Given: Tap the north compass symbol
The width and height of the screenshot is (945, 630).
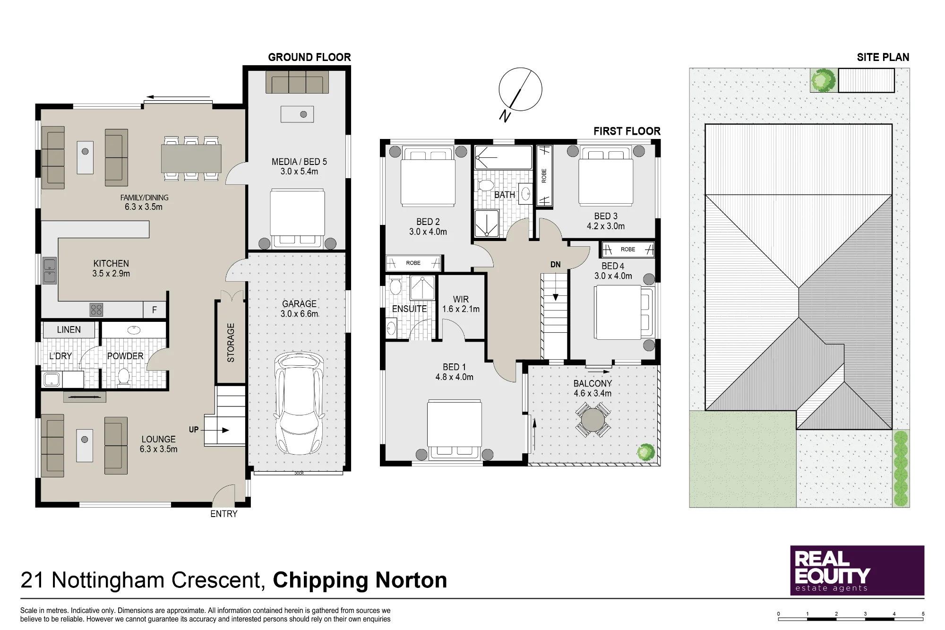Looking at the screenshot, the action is click(520, 93).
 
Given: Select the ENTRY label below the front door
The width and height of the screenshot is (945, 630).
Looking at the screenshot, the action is click(224, 514).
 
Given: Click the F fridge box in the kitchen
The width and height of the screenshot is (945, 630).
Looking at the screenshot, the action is click(155, 310).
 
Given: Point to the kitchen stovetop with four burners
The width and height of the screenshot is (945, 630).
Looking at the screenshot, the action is click(96, 310).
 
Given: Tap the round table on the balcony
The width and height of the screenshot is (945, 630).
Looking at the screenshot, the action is click(593, 419).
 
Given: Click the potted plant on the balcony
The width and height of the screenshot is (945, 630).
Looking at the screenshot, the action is click(645, 452).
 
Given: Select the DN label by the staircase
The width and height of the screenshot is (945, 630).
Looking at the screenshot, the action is click(556, 265).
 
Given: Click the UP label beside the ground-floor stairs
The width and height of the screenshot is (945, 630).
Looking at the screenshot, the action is click(194, 430).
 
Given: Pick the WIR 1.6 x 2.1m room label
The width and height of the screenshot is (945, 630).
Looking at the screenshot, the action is click(461, 304).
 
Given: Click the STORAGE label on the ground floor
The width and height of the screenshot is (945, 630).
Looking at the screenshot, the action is click(231, 343).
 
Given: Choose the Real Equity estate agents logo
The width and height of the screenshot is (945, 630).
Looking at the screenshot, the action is click(857, 570).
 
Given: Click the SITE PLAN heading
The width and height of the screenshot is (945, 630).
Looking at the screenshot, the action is click(883, 57).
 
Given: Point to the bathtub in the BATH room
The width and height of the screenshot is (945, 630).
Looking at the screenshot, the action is click(504, 157).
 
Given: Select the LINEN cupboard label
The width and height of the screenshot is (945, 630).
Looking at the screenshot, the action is click(69, 330).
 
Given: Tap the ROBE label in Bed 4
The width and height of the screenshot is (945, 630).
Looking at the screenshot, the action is click(628, 250).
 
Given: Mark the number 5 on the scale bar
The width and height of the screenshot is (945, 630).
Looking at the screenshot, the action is click(923, 614).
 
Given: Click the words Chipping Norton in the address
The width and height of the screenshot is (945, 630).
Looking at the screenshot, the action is click(360, 580).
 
